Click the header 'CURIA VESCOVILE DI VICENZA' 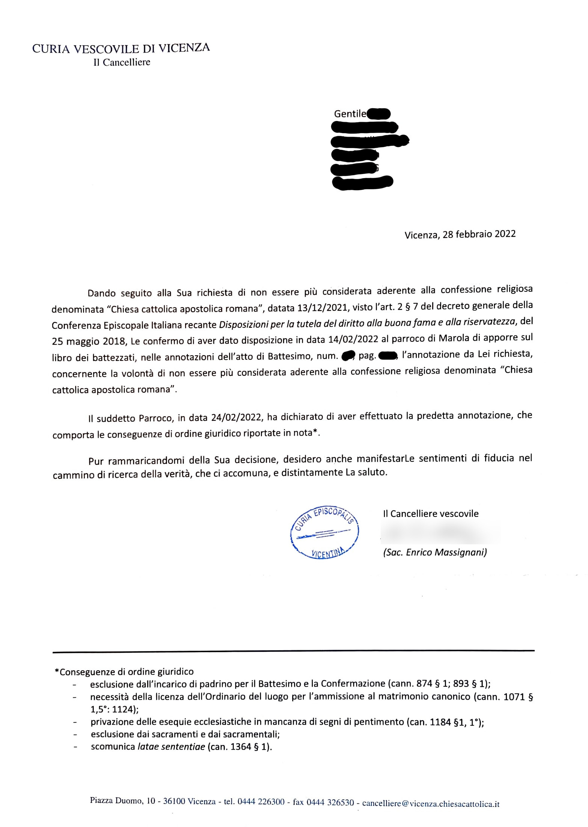click(x=121, y=48)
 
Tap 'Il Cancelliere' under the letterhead click(x=122, y=62)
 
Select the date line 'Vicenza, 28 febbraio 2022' click(x=460, y=234)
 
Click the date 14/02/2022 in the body click(x=353, y=339)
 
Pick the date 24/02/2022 click(x=236, y=417)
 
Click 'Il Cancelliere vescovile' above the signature click(x=431, y=514)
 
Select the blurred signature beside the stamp click(x=439, y=534)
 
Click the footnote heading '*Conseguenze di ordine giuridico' click(x=124, y=672)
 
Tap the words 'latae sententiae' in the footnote click(x=171, y=747)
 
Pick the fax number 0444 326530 click(x=330, y=803)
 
